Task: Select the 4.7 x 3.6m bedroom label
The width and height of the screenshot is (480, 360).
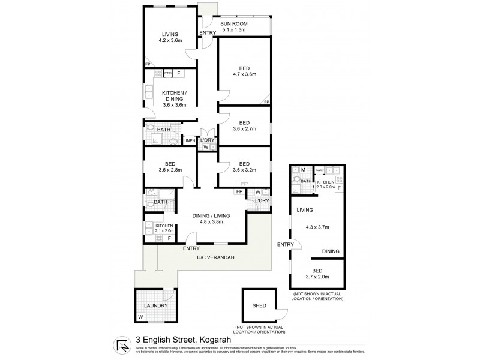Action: [244, 74]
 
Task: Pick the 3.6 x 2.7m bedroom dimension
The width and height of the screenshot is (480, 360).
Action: [244, 128]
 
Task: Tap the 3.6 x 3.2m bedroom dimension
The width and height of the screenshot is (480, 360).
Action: [244, 170]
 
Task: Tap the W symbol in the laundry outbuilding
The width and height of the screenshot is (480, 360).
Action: [141, 317]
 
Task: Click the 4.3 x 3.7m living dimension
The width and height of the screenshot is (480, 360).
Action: [318, 227]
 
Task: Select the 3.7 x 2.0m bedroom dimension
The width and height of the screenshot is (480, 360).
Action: [318, 277]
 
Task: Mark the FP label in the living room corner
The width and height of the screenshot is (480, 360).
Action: [148, 64]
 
